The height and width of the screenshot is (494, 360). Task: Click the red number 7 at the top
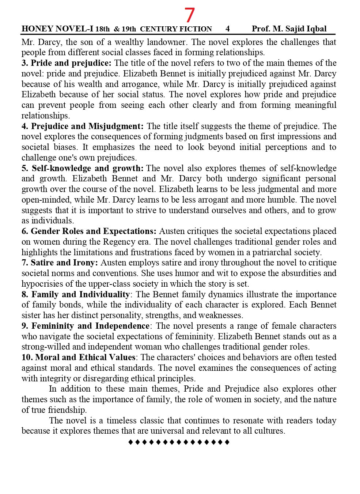tap(189, 15)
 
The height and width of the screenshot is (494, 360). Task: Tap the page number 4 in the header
tap(228, 29)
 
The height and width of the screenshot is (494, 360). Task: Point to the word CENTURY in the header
tap(156, 29)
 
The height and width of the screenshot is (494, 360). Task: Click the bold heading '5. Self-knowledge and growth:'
tap(83, 168)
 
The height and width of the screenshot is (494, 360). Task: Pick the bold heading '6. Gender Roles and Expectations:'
tap(89, 231)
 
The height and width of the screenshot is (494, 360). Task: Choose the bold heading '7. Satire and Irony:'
tap(60, 263)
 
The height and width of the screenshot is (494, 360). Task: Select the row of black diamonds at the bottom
tap(179, 442)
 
